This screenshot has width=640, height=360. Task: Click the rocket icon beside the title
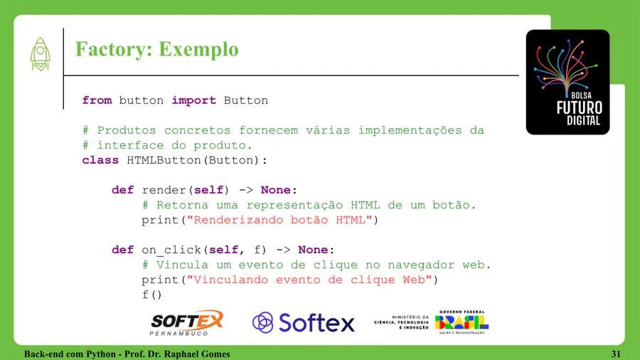(x=40, y=54)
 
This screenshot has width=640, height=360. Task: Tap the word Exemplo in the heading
(x=198, y=50)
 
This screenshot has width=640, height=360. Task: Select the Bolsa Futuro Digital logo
(x=567, y=82)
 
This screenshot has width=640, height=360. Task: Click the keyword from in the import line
(x=97, y=100)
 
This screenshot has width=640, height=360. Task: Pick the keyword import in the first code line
(x=194, y=100)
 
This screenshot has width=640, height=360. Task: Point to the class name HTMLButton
(x=164, y=160)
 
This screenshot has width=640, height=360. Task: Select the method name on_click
(x=172, y=250)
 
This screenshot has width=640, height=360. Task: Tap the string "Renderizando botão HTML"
(x=279, y=220)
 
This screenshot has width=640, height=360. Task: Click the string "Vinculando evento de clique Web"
(x=309, y=280)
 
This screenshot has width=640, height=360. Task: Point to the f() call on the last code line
(x=152, y=295)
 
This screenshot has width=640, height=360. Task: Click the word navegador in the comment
(x=421, y=265)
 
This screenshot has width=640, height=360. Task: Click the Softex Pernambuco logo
(x=187, y=323)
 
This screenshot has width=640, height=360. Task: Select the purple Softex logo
(x=303, y=322)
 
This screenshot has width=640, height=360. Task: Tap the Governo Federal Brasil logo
(x=462, y=322)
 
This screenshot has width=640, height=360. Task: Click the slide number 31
(x=616, y=354)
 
